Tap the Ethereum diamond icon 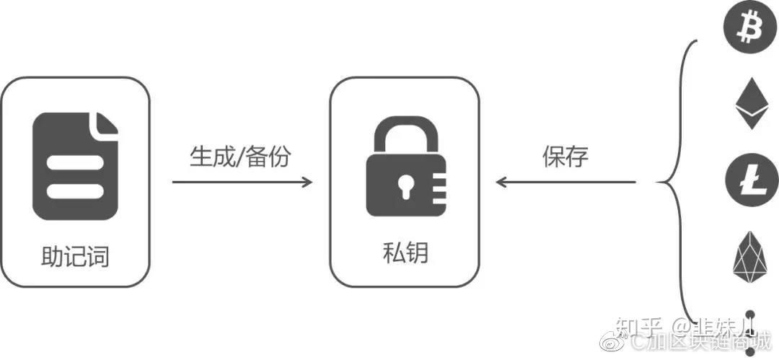(752, 105)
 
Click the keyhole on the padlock (402, 185)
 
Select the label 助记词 (75, 256)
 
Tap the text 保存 (565, 157)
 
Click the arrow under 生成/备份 (242, 182)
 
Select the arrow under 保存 (566, 182)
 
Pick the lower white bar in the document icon (76, 191)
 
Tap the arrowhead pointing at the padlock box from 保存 (501, 182)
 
